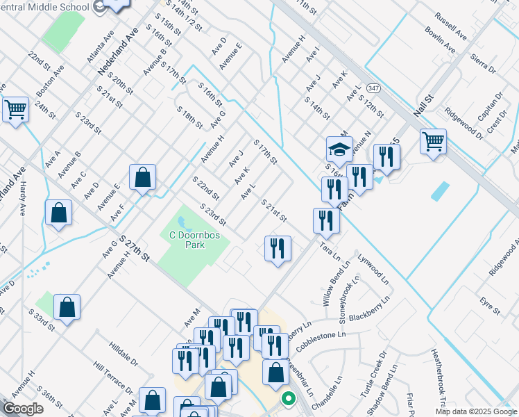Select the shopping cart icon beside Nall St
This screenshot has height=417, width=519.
(433, 142)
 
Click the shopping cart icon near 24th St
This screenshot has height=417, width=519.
(15, 109)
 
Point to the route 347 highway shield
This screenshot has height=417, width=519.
(373, 88)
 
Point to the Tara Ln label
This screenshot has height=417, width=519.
(330, 251)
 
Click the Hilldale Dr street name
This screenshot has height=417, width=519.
(124, 354)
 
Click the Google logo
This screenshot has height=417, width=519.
(23, 409)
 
